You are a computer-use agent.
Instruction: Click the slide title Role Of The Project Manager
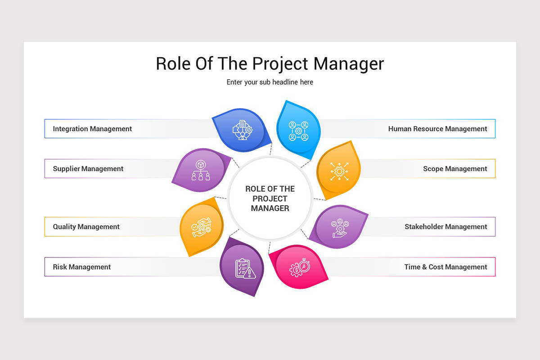point(270,63)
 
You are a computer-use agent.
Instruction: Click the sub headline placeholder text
point(270,82)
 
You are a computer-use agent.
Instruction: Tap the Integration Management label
point(92,129)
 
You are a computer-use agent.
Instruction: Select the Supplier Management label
point(88,169)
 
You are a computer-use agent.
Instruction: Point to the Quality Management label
point(86,227)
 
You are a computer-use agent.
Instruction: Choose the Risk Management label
point(81,267)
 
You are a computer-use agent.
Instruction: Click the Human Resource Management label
point(437,129)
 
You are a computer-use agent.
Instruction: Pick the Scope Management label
point(455,169)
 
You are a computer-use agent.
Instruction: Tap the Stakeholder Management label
point(445,227)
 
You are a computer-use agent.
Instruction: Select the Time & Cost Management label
point(445,267)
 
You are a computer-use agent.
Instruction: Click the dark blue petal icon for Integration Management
point(243,130)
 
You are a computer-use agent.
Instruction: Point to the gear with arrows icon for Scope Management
point(339,171)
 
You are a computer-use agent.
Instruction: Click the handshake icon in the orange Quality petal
point(201,227)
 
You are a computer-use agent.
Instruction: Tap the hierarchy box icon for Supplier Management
point(201,170)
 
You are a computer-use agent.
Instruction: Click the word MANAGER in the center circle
point(270,208)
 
